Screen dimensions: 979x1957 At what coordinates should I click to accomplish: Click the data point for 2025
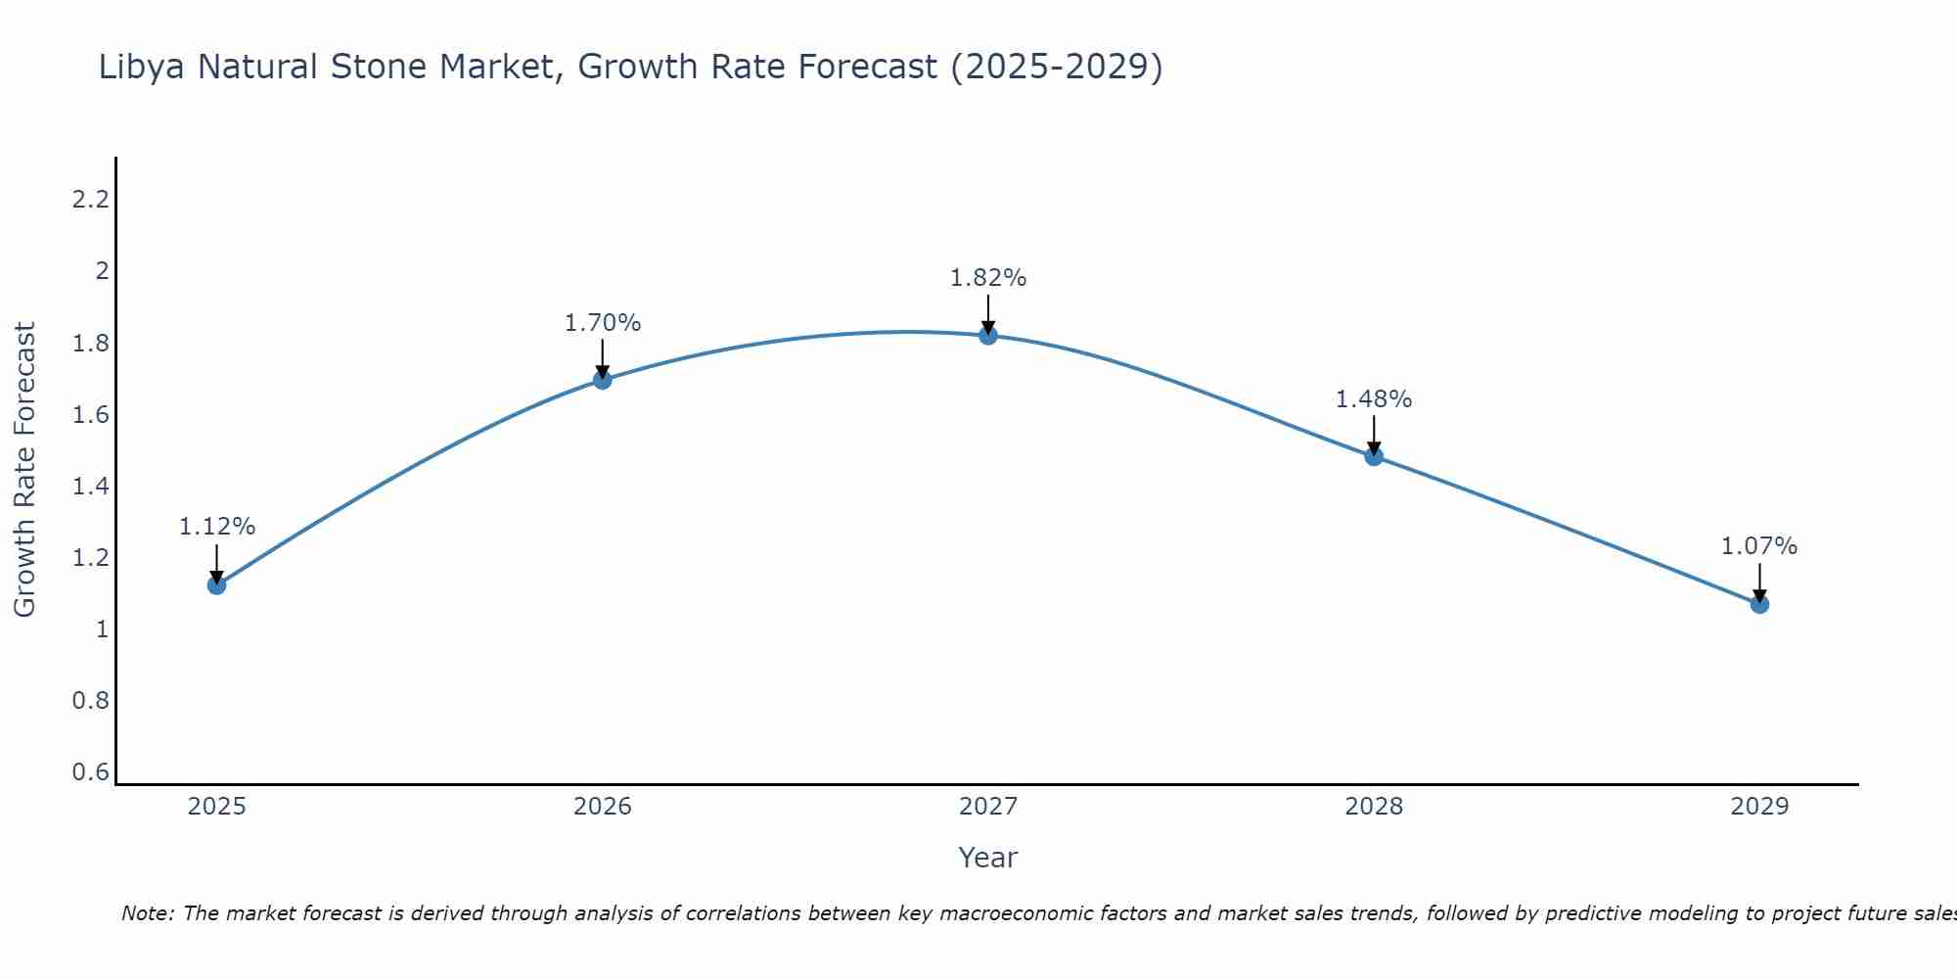pos(216,585)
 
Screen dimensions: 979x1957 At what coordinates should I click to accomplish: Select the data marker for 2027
pos(988,336)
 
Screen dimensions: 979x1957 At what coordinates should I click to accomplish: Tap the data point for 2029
pos(1759,604)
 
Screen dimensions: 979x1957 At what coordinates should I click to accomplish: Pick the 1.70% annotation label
pos(603,322)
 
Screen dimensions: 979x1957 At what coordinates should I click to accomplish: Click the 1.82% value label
pos(988,278)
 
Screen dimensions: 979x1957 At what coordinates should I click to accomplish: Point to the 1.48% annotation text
pos(1374,399)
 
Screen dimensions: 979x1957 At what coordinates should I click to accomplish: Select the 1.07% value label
pos(1759,546)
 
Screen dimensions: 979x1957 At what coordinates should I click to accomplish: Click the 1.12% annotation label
pos(216,527)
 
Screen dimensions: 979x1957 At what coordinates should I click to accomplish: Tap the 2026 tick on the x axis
pos(603,807)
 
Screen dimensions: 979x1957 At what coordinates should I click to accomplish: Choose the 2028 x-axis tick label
pos(1374,807)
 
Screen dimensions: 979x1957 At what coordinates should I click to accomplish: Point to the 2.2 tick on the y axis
pos(90,200)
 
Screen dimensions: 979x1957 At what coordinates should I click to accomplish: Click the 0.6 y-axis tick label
pos(90,772)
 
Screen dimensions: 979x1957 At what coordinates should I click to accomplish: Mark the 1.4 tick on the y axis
pos(90,487)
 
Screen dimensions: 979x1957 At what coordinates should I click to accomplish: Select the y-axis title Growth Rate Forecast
pos(24,470)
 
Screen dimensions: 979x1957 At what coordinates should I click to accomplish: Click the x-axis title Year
pos(988,858)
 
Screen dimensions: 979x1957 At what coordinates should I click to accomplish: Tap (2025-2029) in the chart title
pos(1057,68)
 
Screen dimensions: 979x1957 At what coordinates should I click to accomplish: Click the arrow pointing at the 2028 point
pos(1374,437)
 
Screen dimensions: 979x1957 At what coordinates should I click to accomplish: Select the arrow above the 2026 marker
pos(603,360)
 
